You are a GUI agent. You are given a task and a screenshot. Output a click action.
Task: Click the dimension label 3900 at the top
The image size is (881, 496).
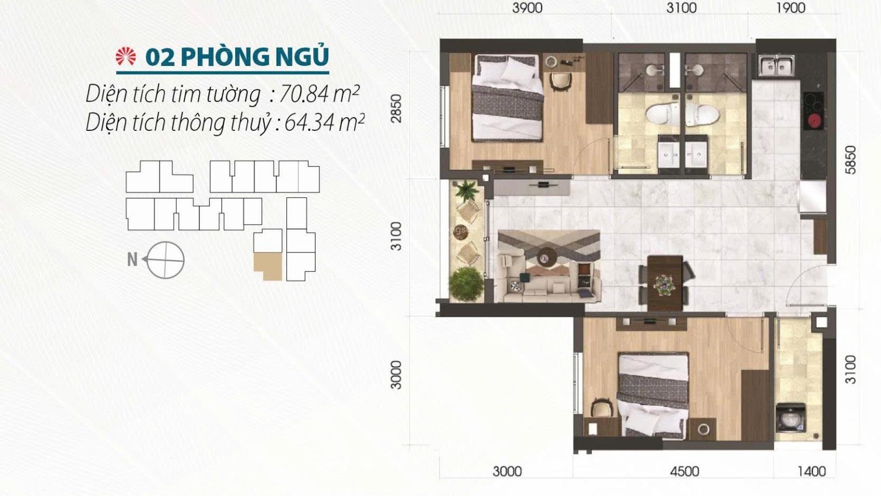(x=527, y=8)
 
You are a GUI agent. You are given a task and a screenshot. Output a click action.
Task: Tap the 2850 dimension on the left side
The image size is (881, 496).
(x=396, y=108)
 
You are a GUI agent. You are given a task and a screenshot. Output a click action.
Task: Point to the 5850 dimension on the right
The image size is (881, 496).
(x=850, y=160)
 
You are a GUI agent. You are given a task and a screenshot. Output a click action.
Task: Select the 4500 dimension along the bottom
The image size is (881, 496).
(x=685, y=471)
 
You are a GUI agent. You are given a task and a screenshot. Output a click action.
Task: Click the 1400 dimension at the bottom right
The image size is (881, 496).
(x=812, y=471)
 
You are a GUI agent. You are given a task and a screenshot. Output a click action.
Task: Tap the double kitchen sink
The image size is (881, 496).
(x=777, y=65)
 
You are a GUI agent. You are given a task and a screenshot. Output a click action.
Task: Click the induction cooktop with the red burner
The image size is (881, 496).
(x=813, y=111)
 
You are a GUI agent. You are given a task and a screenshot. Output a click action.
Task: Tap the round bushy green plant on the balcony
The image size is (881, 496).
(x=466, y=284)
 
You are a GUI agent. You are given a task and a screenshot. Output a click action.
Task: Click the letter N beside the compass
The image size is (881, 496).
(x=132, y=260)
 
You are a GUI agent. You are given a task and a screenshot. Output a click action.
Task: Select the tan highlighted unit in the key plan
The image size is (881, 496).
(x=268, y=266)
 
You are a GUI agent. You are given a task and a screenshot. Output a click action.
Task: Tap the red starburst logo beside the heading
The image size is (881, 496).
(x=126, y=57)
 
